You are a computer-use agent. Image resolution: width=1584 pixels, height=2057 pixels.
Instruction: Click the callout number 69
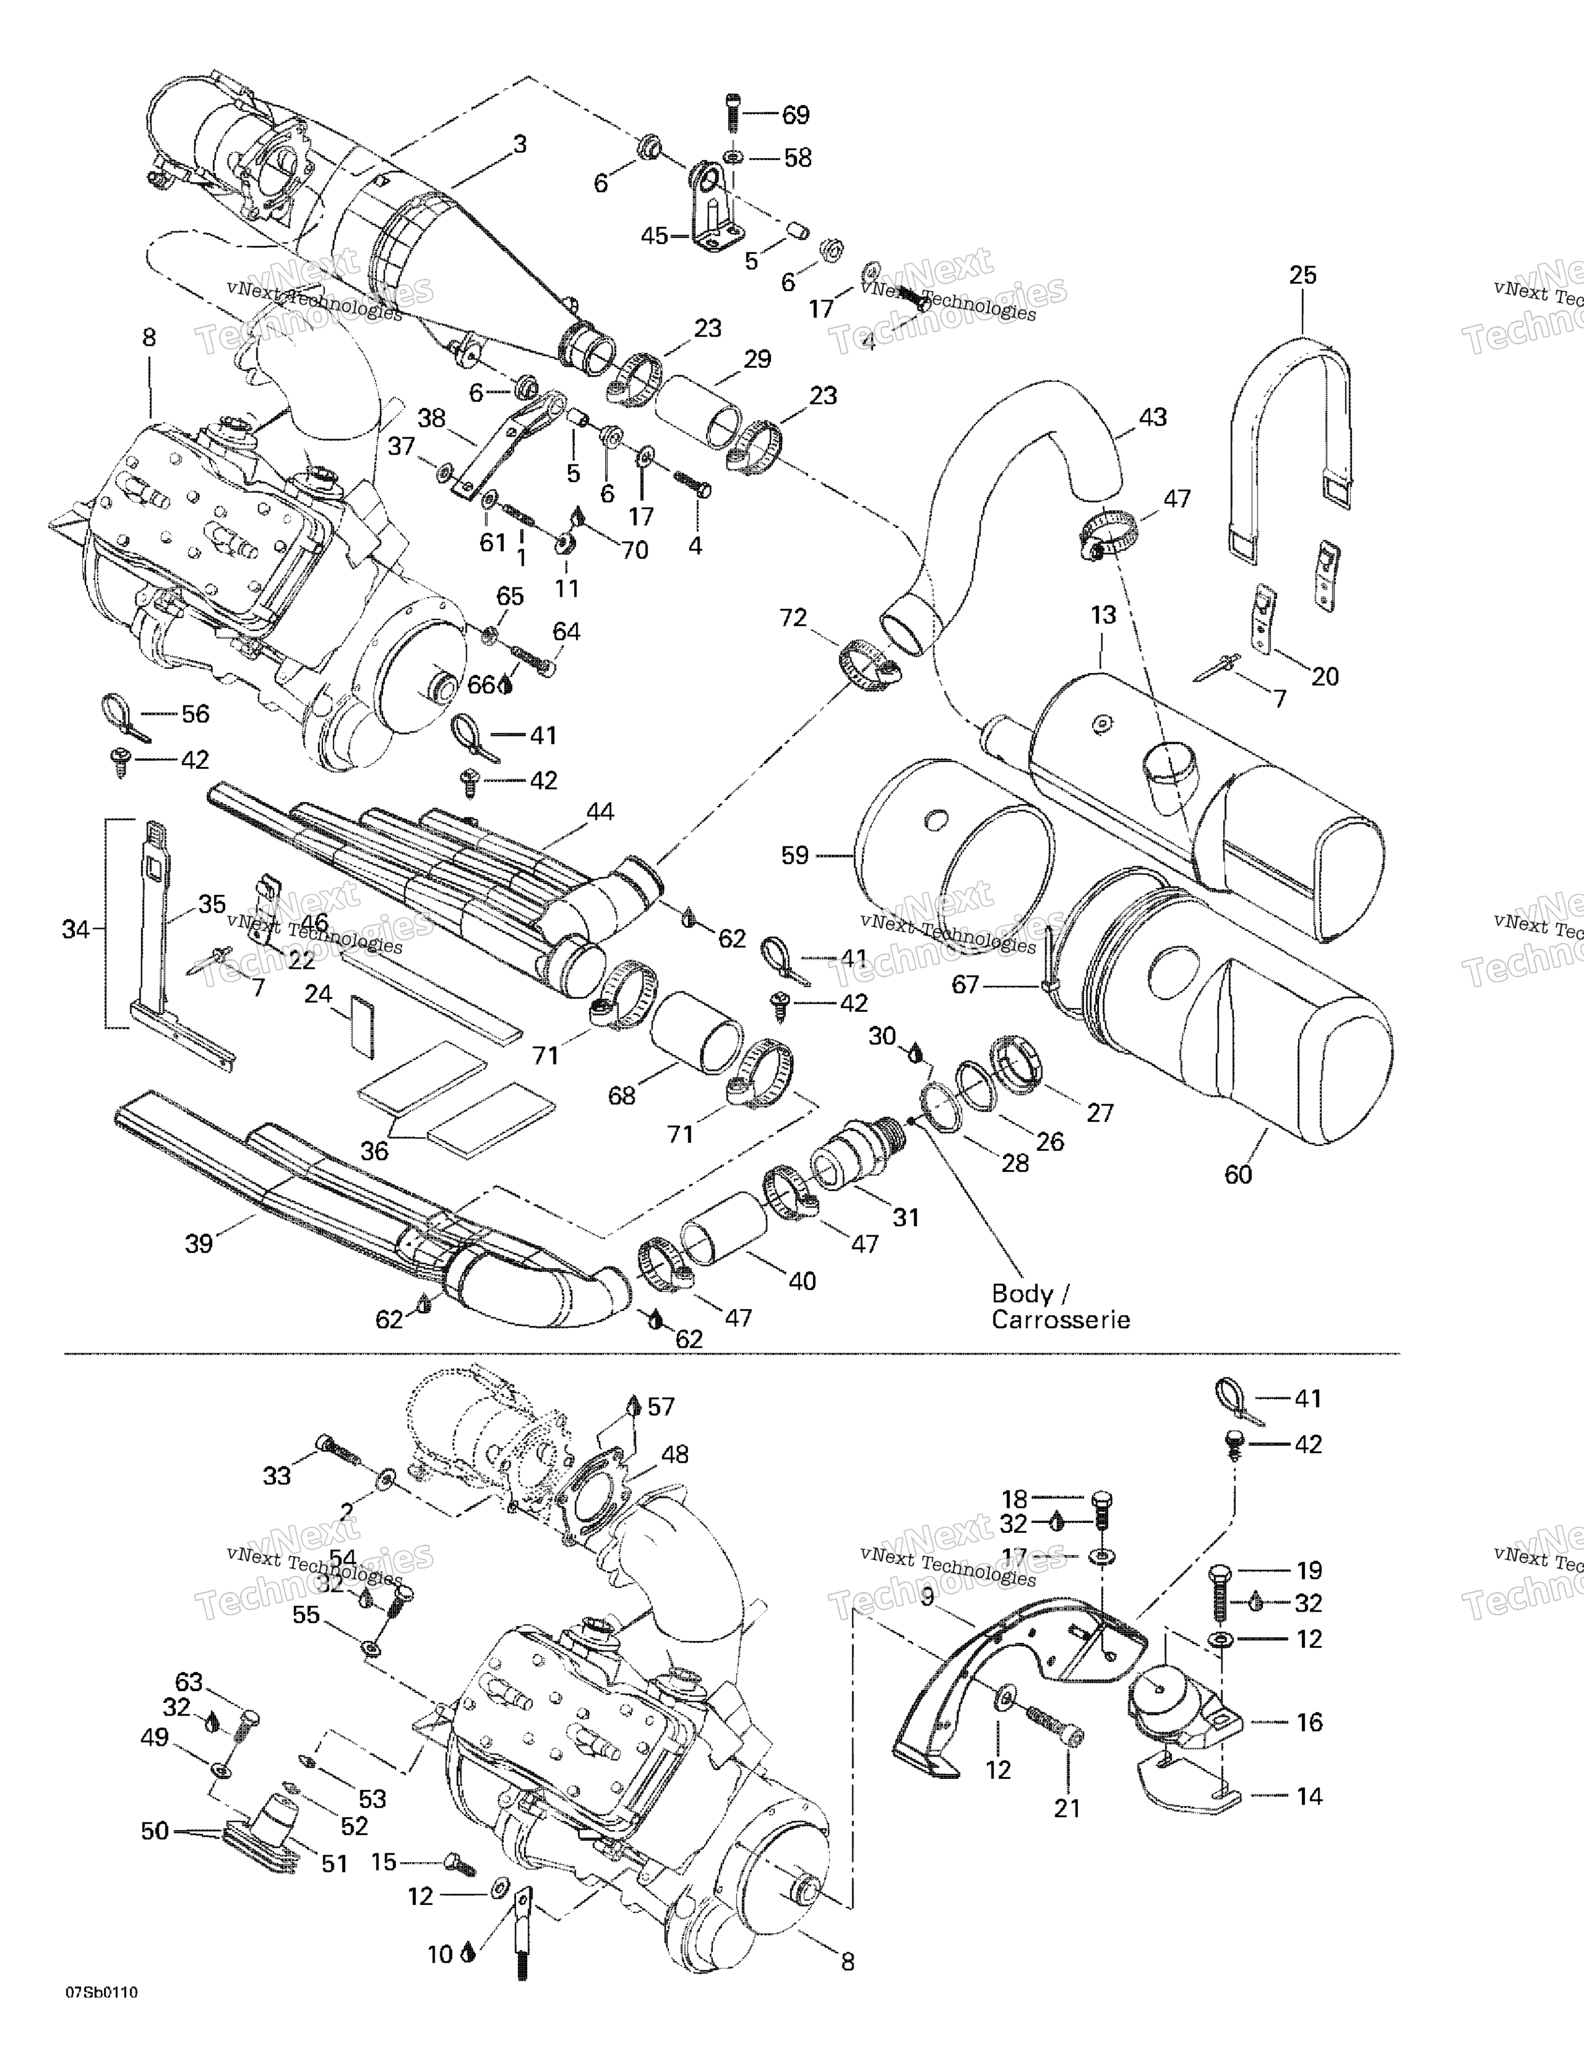(796, 115)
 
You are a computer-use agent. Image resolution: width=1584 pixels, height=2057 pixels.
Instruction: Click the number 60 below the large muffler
(1238, 1174)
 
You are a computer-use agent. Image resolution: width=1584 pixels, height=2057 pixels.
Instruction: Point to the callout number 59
(795, 855)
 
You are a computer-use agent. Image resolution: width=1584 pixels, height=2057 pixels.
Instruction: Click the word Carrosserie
(1060, 1319)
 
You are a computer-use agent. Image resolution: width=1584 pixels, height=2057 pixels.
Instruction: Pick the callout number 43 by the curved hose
(1153, 416)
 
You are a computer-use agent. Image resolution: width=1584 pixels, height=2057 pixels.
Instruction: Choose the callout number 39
(199, 1244)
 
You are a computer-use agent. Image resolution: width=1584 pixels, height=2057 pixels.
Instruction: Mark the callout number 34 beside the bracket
(76, 929)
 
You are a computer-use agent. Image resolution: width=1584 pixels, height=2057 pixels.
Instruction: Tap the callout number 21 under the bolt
(1067, 1808)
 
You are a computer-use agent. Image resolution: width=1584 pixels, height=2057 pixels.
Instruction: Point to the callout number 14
(1309, 1796)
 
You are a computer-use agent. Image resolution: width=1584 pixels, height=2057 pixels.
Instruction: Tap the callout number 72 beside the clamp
(793, 617)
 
